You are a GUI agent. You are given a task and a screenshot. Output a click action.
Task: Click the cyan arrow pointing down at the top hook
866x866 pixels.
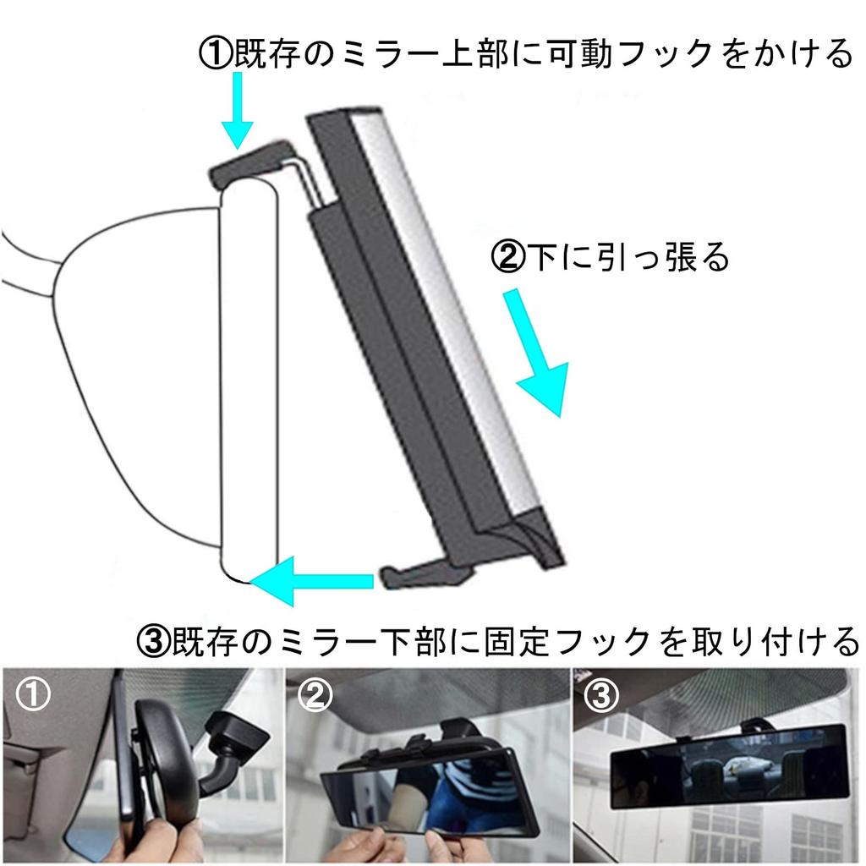[237, 114]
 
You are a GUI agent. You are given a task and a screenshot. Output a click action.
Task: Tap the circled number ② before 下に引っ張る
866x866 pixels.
[508, 257]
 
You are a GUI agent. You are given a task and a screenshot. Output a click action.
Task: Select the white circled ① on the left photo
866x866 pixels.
[32, 695]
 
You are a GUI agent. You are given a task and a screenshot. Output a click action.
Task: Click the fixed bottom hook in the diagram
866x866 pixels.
[423, 574]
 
